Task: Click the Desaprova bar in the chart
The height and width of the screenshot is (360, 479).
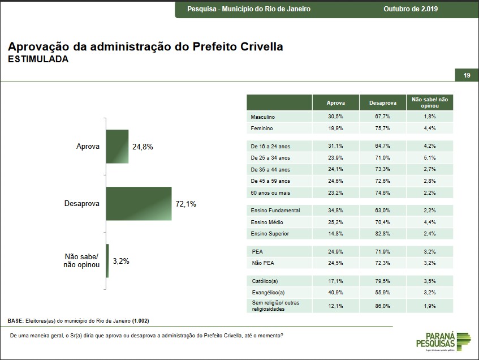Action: pos(139,203)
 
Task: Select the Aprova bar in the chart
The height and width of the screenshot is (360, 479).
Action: pos(117,147)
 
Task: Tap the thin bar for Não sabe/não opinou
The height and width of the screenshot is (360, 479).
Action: pos(107,261)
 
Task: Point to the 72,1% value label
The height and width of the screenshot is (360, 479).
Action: pos(186,204)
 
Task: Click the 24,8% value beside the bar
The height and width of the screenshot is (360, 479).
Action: pos(143,147)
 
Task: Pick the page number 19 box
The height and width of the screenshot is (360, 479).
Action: pos(467,75)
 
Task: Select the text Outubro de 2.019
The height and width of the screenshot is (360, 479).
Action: pos(411,9)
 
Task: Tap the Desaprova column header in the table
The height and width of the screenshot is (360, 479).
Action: pos(383,102)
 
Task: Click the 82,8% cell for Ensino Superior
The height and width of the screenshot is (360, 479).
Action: pos(383,233)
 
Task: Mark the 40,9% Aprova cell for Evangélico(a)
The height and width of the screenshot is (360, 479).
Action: pos(336,292)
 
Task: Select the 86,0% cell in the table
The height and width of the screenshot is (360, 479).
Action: pos(383,306)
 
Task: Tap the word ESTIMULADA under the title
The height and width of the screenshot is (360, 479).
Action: pos(38,59)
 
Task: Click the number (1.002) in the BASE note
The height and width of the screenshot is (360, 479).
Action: pos(140,321)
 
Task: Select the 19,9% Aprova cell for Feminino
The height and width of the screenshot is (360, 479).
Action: pos(336,128)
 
